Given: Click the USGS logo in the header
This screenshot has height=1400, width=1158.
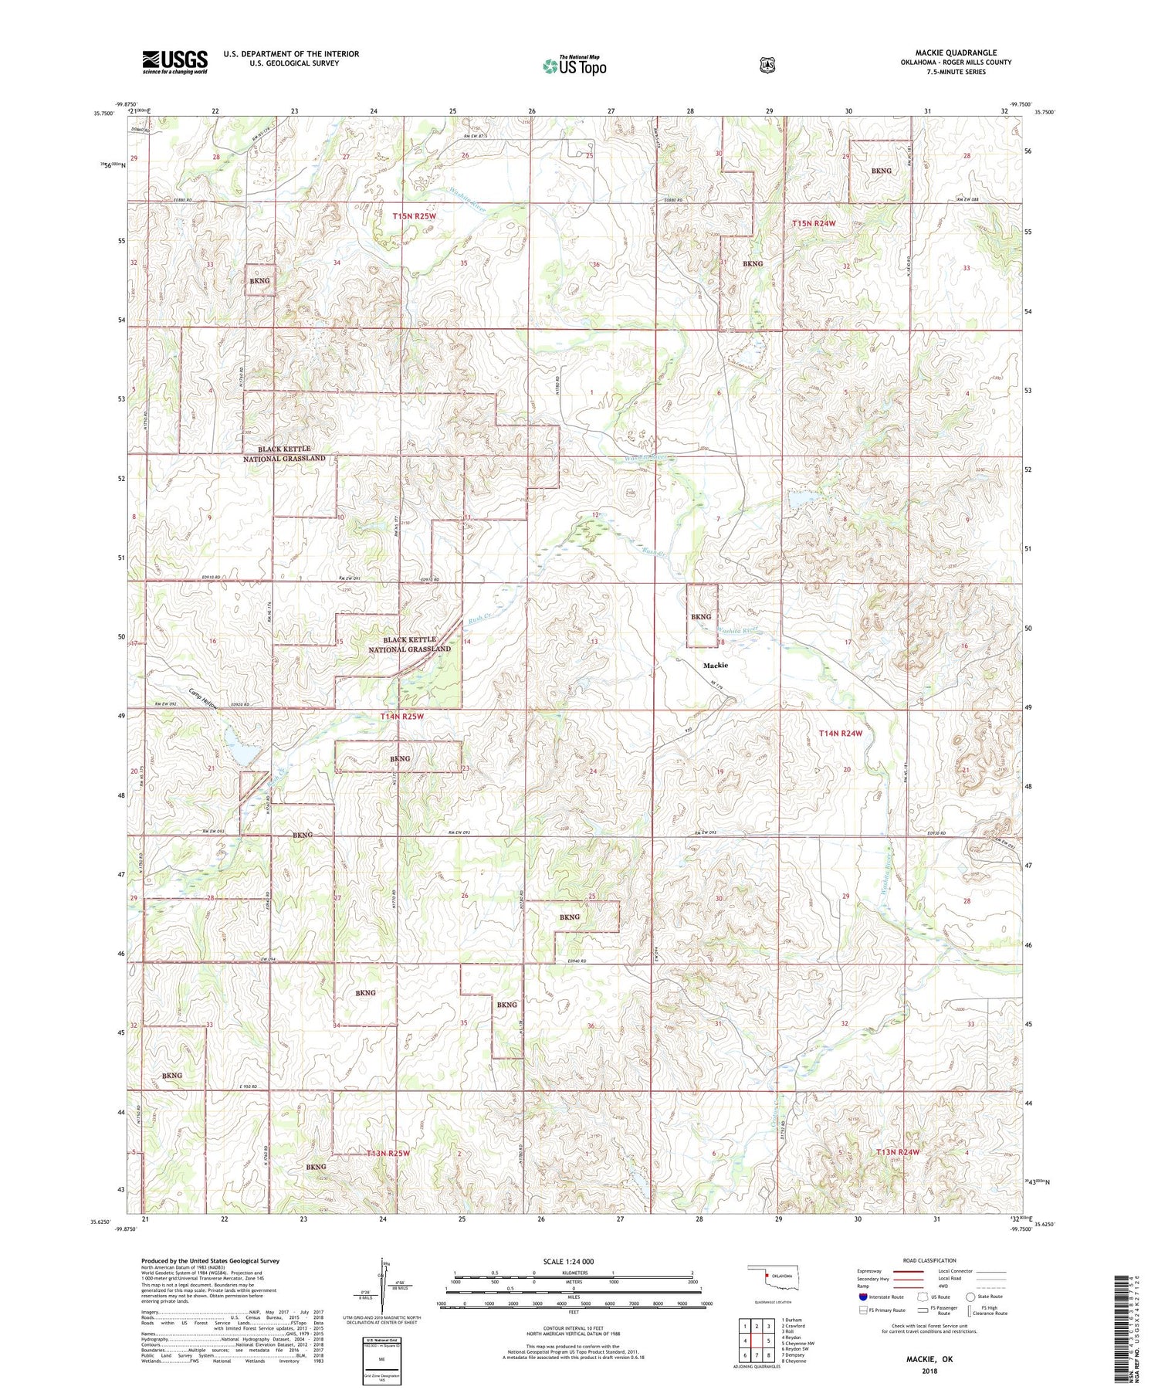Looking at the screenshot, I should click(174, 62).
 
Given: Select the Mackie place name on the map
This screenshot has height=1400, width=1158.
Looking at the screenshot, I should click(715, 665).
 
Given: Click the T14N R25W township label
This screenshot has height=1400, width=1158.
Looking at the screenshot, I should click(402, 717).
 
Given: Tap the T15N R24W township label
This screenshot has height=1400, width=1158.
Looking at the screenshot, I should click(814, 223).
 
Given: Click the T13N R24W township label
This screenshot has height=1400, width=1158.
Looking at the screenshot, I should click(898, 1152).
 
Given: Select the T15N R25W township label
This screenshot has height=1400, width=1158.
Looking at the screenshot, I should click(415, 217).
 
